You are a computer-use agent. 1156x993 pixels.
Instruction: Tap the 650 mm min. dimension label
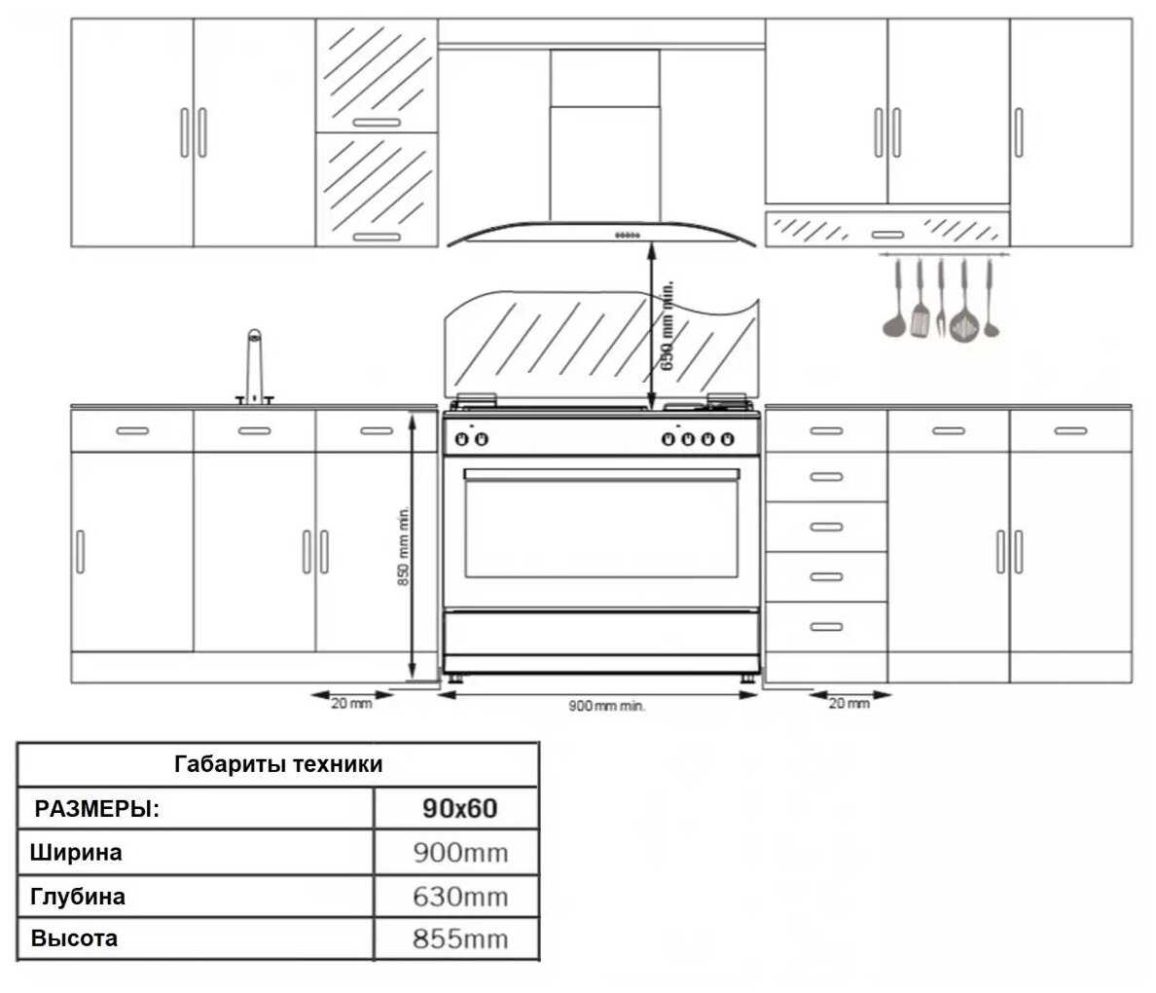(x=668, y=326)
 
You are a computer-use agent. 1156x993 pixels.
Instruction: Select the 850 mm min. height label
(x=403, y=546)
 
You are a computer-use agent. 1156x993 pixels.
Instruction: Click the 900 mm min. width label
(x=606, y=706)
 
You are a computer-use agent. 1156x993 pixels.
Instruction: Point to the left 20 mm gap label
(x=351, y=704)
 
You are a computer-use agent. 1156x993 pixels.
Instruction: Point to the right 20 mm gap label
(x=849, y=704)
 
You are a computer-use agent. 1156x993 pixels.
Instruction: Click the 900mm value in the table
(x=460, y=854)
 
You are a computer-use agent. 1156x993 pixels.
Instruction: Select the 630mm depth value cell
(x=460, y=897)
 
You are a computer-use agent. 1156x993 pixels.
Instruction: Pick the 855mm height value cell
(x=460, y=939)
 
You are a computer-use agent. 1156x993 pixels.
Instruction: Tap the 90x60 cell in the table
(x=460, y=808)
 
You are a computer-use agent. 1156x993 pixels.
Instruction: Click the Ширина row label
(x=77, y=853)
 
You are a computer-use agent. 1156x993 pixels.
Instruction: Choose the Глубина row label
(x=79, y=896)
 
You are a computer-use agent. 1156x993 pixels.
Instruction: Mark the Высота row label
(x=75, y=938)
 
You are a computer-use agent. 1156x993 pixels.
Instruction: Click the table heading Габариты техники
(x=278, y=764)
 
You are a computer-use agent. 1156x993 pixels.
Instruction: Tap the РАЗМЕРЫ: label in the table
(x=97, y=809)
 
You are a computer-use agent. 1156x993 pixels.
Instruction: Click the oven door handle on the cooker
(x=601, y=474)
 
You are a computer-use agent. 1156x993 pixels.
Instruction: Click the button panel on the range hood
(x=627, y=234)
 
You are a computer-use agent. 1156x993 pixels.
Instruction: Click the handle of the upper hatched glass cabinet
(x=376, y=123)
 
